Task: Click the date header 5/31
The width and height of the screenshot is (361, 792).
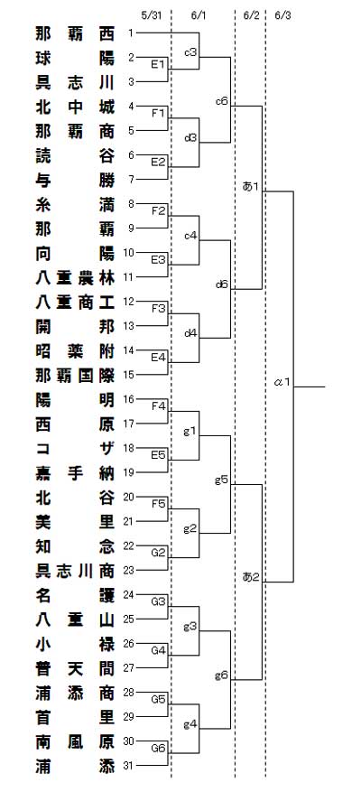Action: coord(151,15)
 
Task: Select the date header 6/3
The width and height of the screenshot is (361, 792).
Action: coord(282,15)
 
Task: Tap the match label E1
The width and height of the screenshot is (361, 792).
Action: coord(158,64)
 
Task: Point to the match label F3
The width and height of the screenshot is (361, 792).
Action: coord(158,308)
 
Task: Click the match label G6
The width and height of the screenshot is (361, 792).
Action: coord(159,748)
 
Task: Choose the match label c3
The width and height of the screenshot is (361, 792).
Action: coord(190,52)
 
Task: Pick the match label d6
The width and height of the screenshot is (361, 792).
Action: coord(222,284)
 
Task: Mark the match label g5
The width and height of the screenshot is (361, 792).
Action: coord(222,480)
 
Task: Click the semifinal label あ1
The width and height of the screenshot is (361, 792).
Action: coord(251,187)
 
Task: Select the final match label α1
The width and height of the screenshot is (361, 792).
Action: coord(282,382)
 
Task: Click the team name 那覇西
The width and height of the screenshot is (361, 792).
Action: coord(75,33)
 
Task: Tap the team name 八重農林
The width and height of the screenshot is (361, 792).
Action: coord(75,278)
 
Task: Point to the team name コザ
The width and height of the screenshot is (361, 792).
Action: coord(75,449)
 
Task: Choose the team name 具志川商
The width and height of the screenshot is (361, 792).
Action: coord(75,571)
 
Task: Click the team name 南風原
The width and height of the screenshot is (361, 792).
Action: coord(75,742)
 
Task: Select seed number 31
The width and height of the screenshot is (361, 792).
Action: coord(129,766)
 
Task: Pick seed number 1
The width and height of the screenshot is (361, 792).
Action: coord(131,33)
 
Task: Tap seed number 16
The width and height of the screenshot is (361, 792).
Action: coord(129,399)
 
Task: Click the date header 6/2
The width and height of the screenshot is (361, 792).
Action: coord(251,15)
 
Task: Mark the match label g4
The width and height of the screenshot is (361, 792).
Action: coord(190,723)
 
